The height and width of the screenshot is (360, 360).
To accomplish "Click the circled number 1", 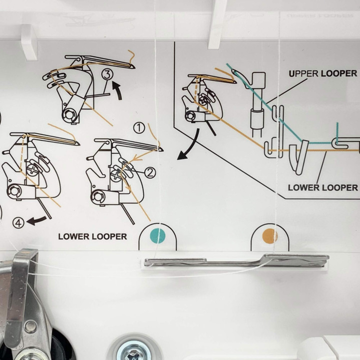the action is (139, 128).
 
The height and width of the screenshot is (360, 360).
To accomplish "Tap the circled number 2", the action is (150, 173).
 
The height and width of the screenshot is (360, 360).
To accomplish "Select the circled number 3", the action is (107, 74).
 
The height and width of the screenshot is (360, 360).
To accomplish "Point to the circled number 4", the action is (18, 223).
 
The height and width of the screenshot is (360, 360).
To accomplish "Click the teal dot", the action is (157, 236).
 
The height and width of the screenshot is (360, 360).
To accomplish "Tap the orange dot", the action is (270, 236).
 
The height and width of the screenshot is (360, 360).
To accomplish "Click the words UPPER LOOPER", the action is (323, 74).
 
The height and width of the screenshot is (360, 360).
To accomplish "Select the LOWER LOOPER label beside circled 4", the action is (92, 237).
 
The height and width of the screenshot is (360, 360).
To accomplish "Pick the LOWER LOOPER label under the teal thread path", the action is (323, 188).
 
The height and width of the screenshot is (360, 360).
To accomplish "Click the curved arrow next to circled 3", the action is (118, 90).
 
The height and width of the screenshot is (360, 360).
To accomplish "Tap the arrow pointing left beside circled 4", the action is (37, 221).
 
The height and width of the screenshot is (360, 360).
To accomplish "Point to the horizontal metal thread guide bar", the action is (237, 261).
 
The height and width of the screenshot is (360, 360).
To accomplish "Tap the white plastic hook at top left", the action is (29, 42).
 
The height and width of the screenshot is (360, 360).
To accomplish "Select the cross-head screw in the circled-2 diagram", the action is (115, 176).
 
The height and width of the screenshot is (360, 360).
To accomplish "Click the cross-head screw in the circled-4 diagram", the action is (31, 170).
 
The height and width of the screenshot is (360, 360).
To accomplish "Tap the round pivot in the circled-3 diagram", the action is (68, 114).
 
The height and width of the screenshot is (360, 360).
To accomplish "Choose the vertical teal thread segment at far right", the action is (337, 133).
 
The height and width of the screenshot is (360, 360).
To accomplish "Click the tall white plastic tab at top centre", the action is (216, 24).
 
